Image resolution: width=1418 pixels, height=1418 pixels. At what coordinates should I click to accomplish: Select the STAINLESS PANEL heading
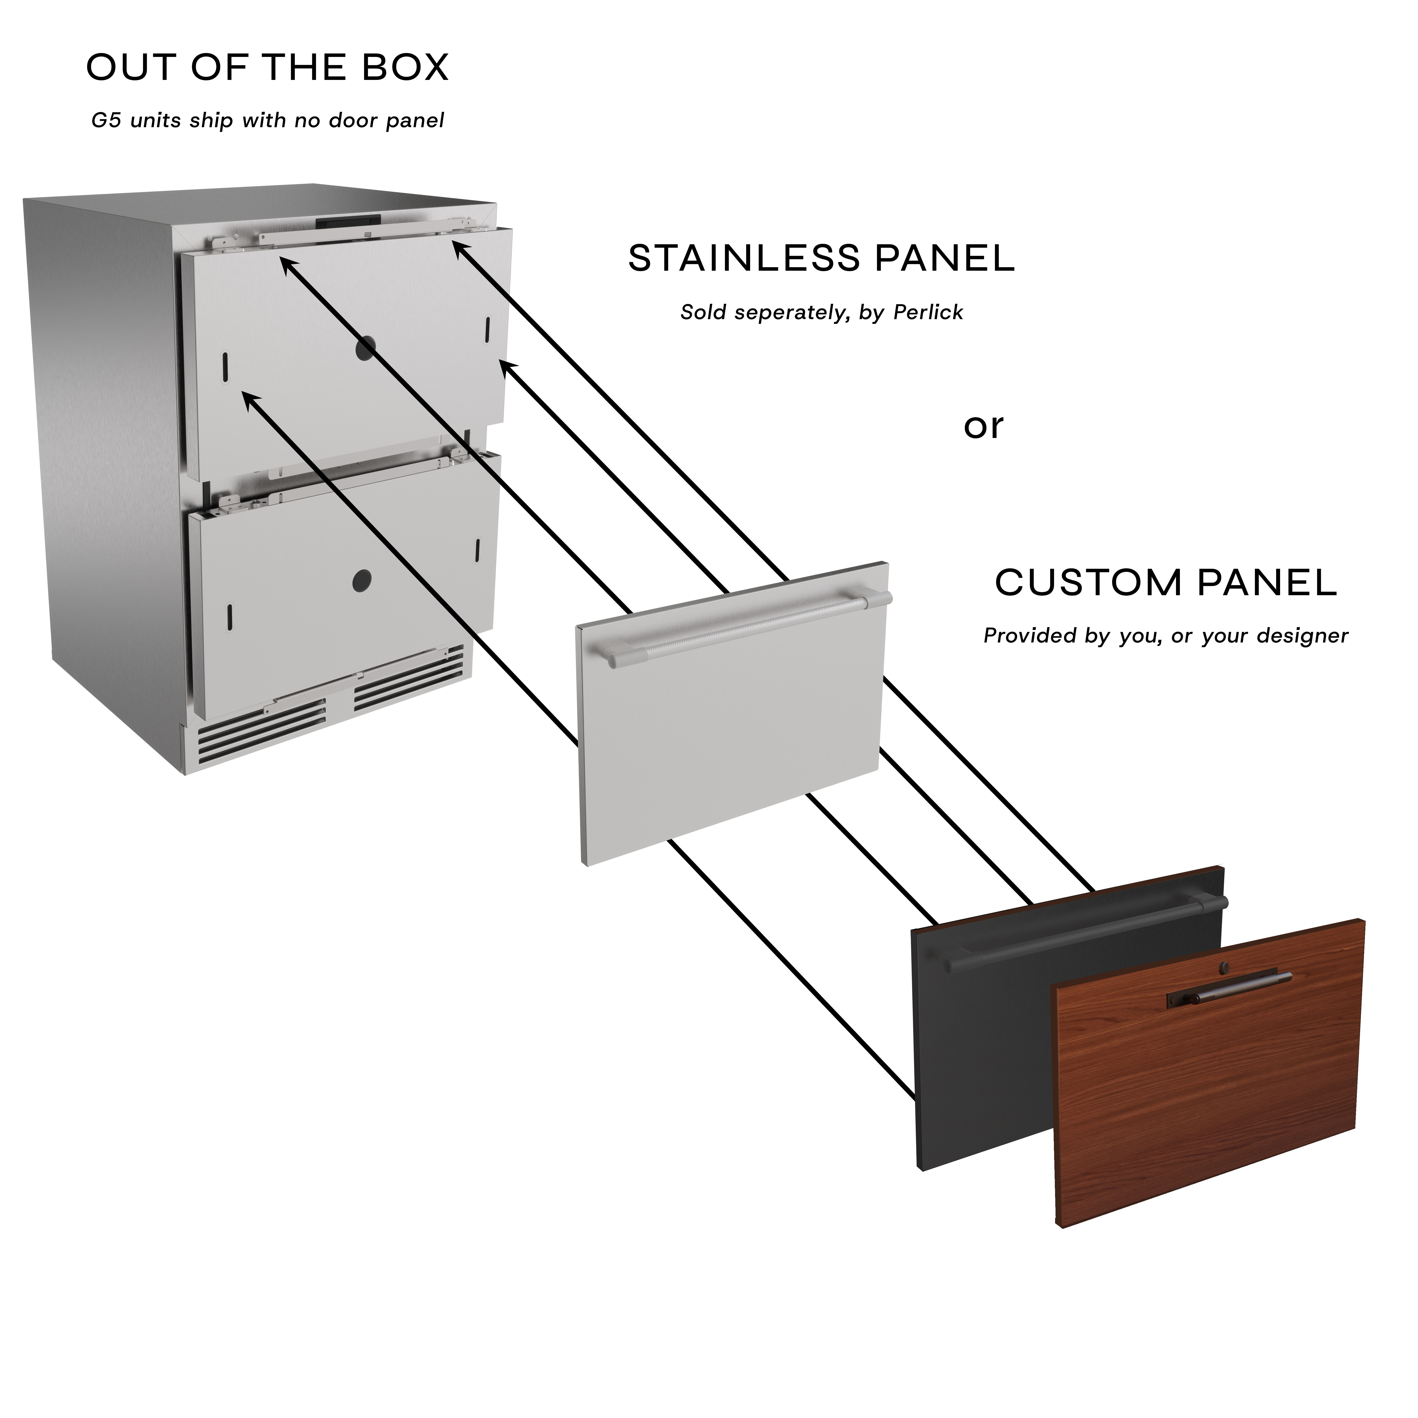tap(821, 258)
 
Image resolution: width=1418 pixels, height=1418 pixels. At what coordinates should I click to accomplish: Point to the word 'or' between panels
tap(984, 427)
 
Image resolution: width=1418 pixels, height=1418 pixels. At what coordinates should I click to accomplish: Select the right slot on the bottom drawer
tap(477, 549)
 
